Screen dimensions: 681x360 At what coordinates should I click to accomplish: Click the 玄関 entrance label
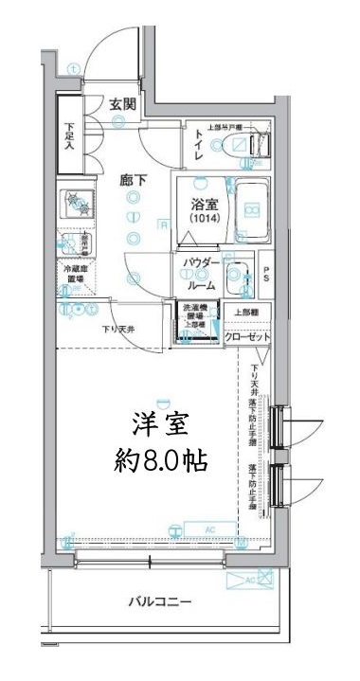tap(120, 104)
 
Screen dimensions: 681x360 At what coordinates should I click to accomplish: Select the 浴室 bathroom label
tap(203, 203)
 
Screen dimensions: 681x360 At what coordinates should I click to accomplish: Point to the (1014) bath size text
tap(203, 219)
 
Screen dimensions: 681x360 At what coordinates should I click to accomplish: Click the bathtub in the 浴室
tap(250, 209)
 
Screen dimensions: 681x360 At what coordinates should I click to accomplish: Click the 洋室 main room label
tap(157, 421)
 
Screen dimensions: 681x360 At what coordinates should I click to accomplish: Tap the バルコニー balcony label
tap(160, 602)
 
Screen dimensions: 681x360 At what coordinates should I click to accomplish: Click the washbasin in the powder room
tap(242, 277)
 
